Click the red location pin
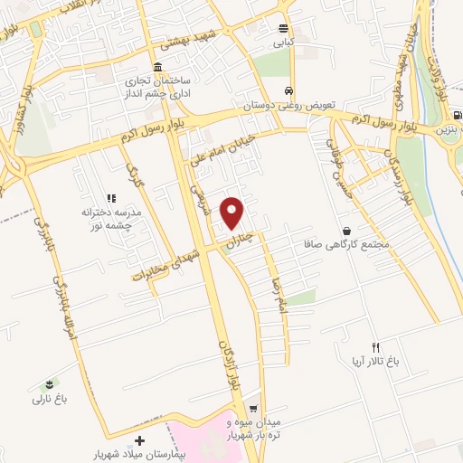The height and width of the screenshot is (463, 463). (x=232, y=212)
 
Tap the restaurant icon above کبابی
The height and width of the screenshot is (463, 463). (x=284, y=28)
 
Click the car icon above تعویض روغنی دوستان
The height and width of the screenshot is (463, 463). (x=288, y=91)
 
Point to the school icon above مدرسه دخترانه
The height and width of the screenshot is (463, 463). (x=112, y=197)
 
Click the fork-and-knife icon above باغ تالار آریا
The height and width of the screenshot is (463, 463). (x=377, y=347)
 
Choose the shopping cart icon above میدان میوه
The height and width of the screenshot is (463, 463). (x=253, y=409)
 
